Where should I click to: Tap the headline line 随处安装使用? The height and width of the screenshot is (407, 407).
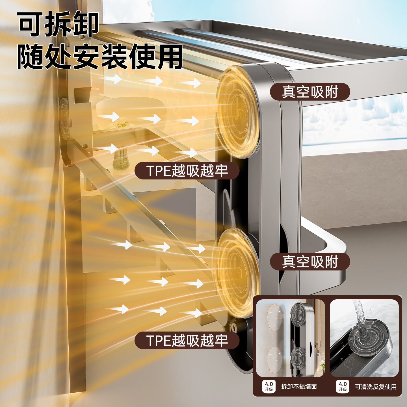pyautogui.click(x=99, y=57)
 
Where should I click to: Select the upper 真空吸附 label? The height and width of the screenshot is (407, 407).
pyautogui.click(x=310, y=92)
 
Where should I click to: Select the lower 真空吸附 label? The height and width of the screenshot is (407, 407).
pyautogui.click(x=310, y=261)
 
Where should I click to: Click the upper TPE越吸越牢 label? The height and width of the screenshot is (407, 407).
pyautogui.click(x=187, y=171)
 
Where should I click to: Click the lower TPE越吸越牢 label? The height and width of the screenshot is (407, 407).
pyautogui.click(x=187, y=340)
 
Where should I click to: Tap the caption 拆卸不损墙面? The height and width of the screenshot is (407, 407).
pyautogui.click(x=299, y=386)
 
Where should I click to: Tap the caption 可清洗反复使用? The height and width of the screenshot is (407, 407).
pyautogui.click(x=376, y=387)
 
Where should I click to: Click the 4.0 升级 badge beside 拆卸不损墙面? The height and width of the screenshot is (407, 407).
pyautogui.click(x=269, y=386)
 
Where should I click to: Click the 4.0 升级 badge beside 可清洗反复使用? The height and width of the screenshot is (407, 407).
pyautogui.click(x=343, y=386)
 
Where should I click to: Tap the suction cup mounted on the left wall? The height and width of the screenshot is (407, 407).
pyautogui.click(x=64, y=119)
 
